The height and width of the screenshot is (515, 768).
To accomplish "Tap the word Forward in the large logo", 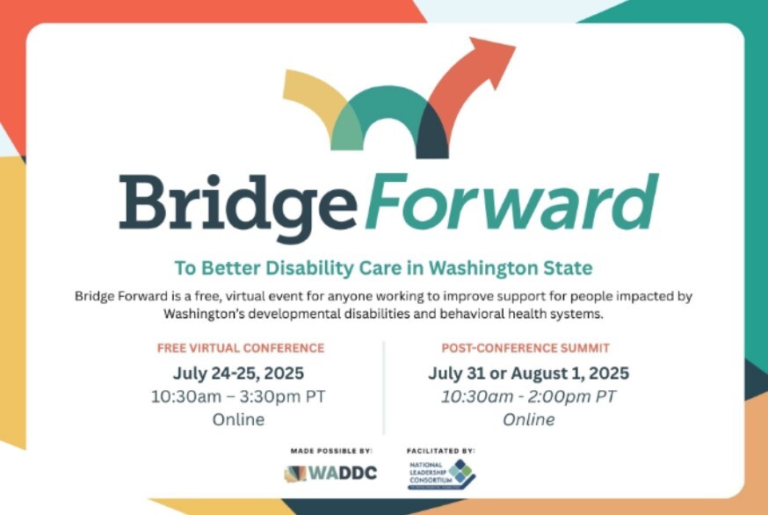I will pyautogui.click(x=511, y=198).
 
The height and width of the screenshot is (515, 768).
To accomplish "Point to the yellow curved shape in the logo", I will pyautogui.click(x=312, y=97).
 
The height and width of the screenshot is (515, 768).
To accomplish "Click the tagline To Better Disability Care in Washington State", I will pyautogui.click(x=383, y=267).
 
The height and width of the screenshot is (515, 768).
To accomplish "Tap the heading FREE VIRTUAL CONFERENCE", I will pyautogui.click(x=241, y=348).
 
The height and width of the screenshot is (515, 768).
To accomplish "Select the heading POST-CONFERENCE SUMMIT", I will pyautogui.click(x=525, y=348).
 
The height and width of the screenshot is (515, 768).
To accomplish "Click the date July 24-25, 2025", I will pyautogui.click(x=238, y=372).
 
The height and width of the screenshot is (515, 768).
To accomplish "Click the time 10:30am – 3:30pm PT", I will pyautogui.click(x=238, y=395).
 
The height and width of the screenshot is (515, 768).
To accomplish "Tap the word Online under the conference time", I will pyautogui.click(x=238, y=419).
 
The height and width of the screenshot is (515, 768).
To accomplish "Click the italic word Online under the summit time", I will pyautogui.click(x=528, y=419).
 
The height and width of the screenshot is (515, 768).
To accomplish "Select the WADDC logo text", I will pyautogui.click(x=344, y=473).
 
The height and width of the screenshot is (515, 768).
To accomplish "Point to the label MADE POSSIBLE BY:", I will pyautogui.click(x=331, y=451).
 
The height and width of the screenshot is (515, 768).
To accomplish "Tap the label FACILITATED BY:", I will pyautogui.click(x=441, y=450).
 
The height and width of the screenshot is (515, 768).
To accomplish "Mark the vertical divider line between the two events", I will pyautogui.click(x=384, y=387).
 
